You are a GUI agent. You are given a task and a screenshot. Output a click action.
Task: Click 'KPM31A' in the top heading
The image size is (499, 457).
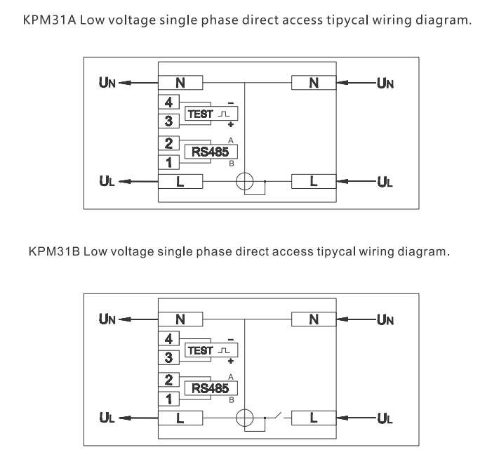[x=51, y=20]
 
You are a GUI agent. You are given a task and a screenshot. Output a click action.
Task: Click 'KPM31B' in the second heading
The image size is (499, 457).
[x=53, y=251]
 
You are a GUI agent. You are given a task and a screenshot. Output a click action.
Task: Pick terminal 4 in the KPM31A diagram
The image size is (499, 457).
[x=168, y=102]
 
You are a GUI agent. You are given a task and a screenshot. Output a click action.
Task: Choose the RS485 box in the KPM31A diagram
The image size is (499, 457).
[x=211, y=151]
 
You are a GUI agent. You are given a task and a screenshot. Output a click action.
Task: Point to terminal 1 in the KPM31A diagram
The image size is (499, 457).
[x=168, y=164]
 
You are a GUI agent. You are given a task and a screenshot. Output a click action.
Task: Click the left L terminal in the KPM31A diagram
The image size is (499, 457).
[x=180, y=182]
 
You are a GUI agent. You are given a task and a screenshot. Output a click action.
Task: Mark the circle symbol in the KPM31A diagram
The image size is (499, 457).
[x=244, y=182]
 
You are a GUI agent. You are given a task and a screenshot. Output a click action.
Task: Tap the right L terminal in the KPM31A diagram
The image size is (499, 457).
[x=314, y=182]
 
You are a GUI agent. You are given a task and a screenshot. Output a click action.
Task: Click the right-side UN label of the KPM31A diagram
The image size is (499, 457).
[x=385, y=84]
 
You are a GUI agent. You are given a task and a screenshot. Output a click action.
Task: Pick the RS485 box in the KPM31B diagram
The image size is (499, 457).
[x=211, y=388]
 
